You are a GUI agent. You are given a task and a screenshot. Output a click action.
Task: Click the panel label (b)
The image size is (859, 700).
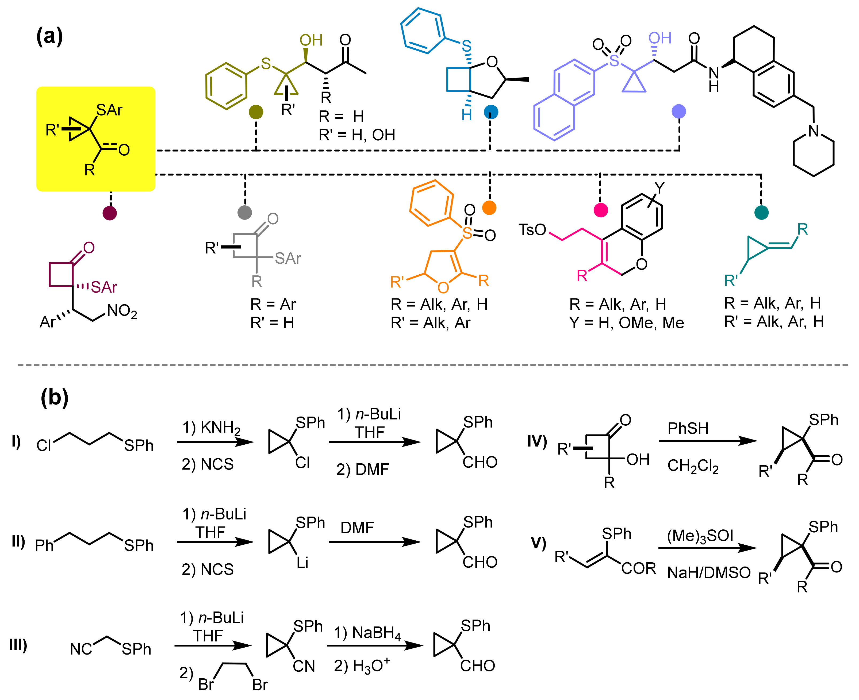[x=55, y=398]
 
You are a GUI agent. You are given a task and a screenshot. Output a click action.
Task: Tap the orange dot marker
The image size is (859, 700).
[x=489, y=208]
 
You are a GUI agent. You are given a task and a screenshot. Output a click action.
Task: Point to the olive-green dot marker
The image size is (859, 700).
[x=256, y=112]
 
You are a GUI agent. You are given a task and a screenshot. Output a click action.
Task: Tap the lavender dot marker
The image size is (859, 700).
[x=679, y=111]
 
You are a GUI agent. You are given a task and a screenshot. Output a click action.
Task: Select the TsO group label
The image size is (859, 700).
[x=532, y=230]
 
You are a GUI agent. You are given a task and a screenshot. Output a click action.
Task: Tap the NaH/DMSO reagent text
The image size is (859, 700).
[x=709, y=572]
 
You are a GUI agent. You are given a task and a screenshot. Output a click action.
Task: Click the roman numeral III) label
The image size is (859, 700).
[x=18, y=645]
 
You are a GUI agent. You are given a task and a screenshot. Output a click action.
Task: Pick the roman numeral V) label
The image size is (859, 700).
[x=538, y=543]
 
